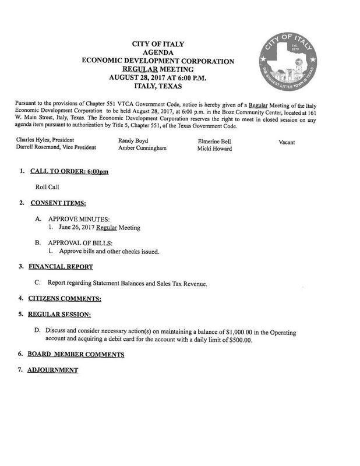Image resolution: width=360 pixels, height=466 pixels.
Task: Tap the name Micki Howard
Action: pos(216,149)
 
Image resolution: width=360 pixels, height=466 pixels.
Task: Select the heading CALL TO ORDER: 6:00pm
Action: pos(73,172)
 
